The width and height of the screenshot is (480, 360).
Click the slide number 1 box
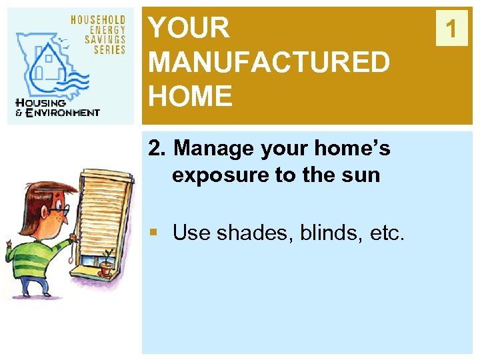[452, 29]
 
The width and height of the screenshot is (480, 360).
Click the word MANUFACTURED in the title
[269, 63]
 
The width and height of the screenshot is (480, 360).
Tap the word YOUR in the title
[189, 29]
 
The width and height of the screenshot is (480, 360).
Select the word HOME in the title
[191, 97]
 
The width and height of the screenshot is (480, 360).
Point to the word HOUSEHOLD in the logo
[98, 20]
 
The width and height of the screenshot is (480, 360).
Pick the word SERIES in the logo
[109, 50]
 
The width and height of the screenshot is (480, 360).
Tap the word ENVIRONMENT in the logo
[63, 113]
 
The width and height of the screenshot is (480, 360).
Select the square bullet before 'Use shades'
[153, 233]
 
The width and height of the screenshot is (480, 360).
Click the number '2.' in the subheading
[157, 148]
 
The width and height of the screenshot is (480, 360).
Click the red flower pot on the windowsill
[105, 269]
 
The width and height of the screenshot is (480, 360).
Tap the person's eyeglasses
[57, 209]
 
